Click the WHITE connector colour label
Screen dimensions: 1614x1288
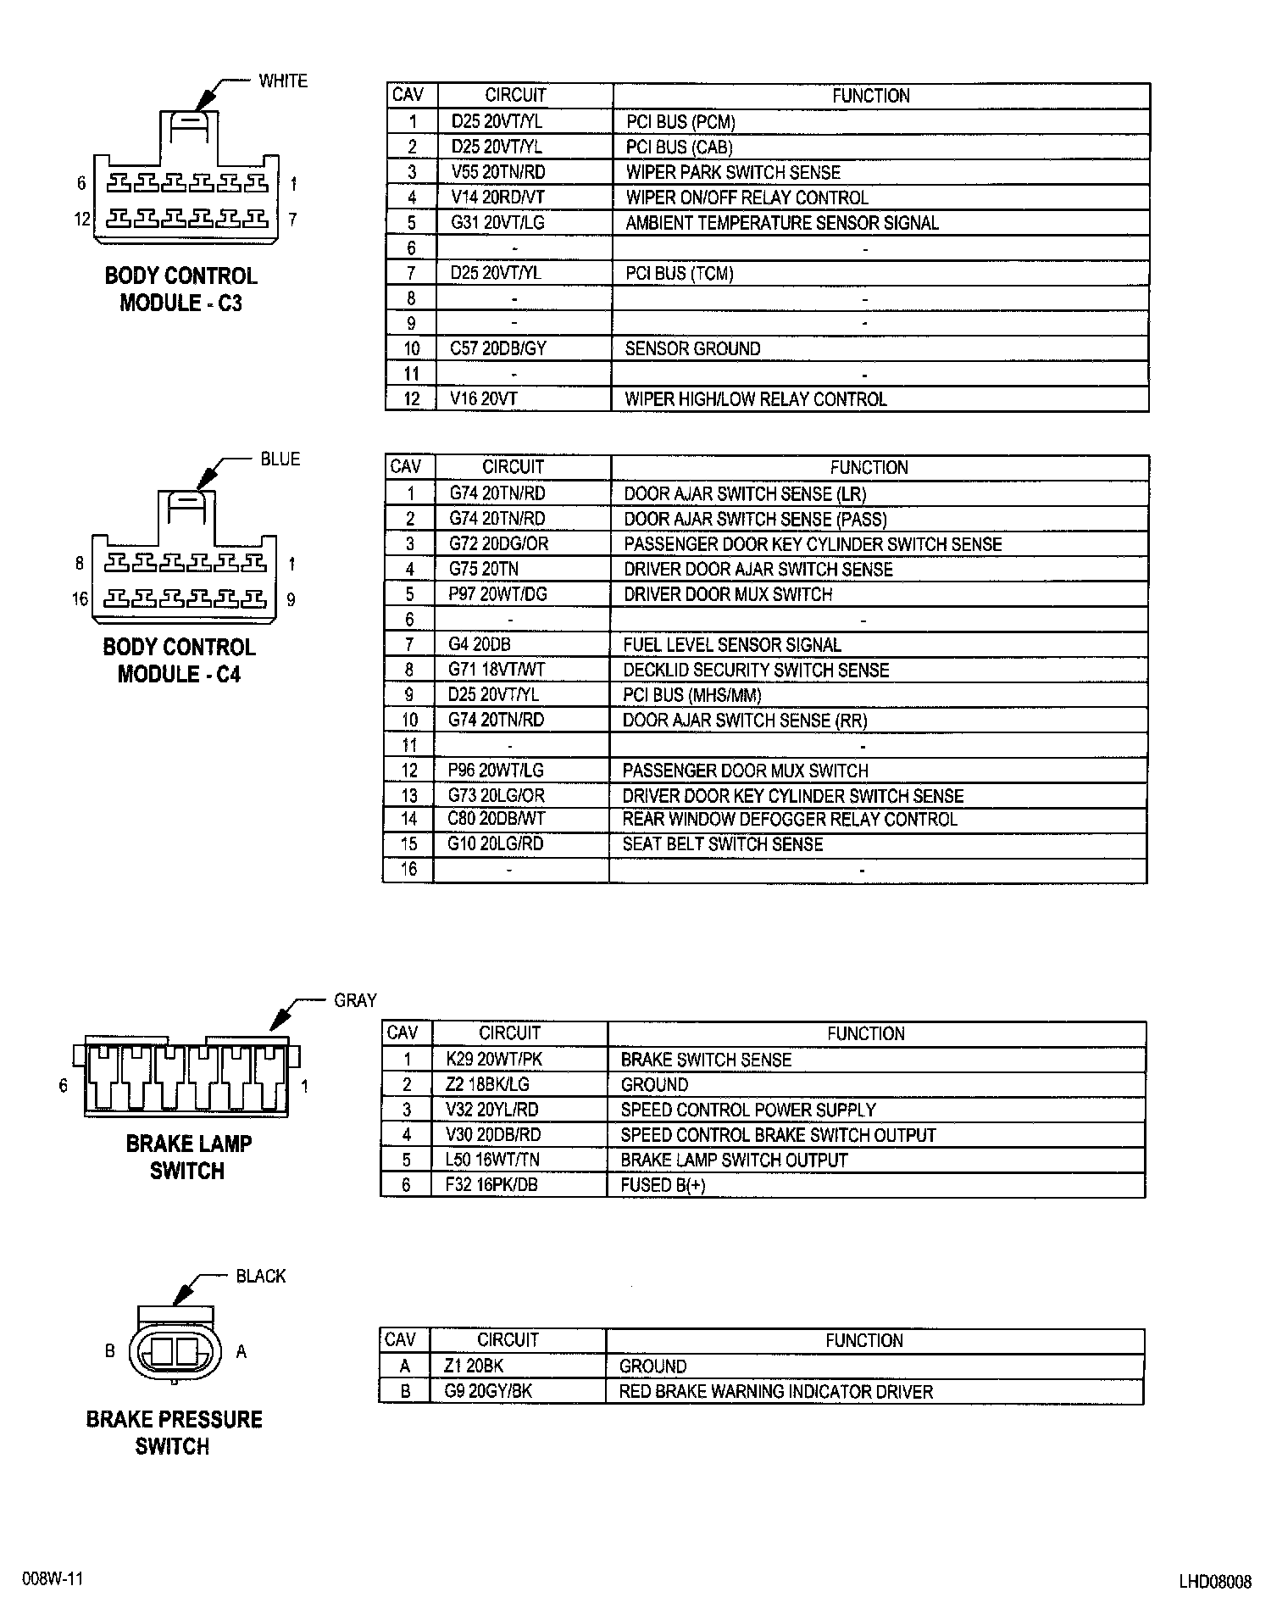[283, 81]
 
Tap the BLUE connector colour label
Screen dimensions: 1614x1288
[280, 459]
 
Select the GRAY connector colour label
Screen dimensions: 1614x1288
[355, 1000]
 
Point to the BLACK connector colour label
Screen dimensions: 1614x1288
[261, 1276]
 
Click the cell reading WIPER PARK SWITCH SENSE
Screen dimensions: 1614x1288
[733, 172]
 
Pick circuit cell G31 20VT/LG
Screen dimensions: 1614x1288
[497, 223]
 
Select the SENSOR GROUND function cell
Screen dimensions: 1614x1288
[692, 348]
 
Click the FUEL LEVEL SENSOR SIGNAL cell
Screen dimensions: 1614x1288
[732, 644]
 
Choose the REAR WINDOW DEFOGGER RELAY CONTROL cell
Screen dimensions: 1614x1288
[790, 820]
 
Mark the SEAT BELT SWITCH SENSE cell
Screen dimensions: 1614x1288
[723, 844]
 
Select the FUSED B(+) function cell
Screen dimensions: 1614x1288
[663, 1185]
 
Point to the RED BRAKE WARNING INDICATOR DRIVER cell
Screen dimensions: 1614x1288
[775, 1391]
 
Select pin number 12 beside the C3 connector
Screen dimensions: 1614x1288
[81, 220]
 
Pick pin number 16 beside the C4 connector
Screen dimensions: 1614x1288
[80, 600]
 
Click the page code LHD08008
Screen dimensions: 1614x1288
[1214, 1582]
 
